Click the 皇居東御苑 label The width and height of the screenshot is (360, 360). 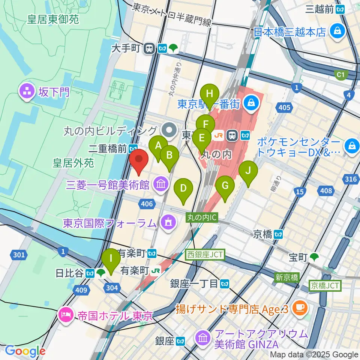pos(53,19)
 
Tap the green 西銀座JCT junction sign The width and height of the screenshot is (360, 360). pos(205,255)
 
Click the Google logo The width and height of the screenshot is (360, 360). pos(25,351)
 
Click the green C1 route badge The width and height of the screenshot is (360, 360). pos(340,75)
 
